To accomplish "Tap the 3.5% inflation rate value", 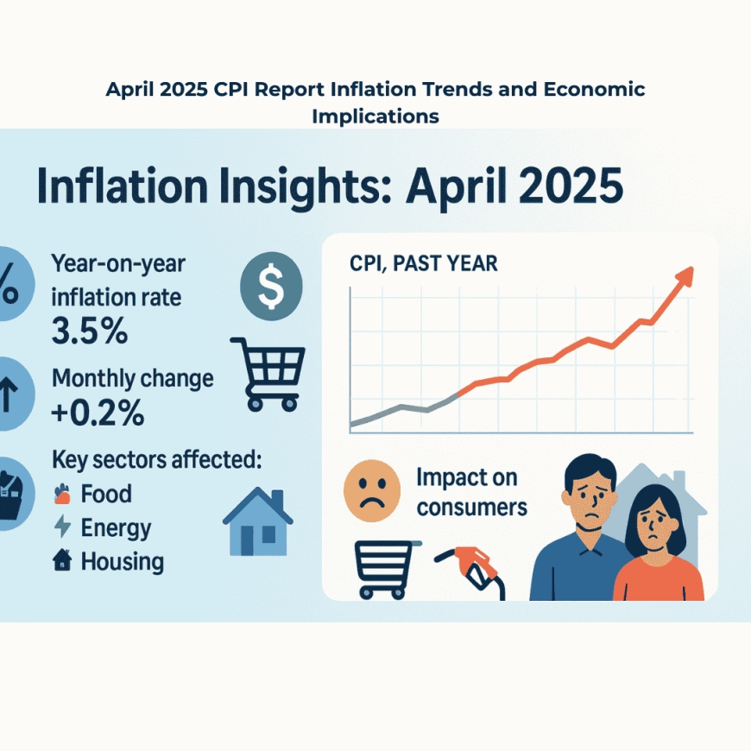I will coord(91,331).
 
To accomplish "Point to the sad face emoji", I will coord(372,489).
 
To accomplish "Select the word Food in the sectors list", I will coord(106,495).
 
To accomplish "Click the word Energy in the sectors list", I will coord(116,527).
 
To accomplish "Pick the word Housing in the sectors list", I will coord(122,561).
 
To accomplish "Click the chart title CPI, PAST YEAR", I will coord(423,263).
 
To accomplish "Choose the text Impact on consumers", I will coord(471,491).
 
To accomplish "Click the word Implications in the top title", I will coord(375,116).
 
